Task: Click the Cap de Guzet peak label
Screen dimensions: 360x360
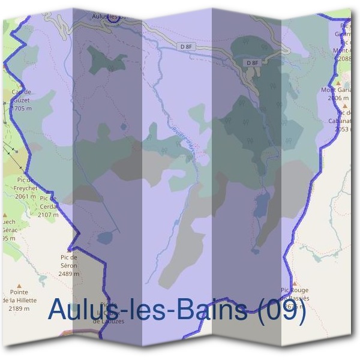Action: coord(21,96)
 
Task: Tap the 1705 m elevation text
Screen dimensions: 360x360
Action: coord(22,109)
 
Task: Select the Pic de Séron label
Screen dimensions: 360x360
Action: coord(69,261)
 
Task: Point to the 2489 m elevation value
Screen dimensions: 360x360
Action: coord(70,274)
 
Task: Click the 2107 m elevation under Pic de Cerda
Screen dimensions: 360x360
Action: coord(48,214)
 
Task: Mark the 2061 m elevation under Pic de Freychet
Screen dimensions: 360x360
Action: coord(26,196)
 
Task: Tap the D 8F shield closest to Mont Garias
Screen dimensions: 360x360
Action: coord(253,63)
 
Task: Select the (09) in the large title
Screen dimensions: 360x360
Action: coord(280,310)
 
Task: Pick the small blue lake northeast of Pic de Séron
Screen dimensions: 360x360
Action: coord(104,238)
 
